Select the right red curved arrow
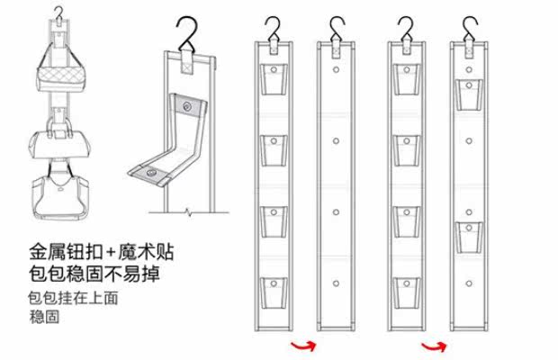[x=434, y=345]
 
